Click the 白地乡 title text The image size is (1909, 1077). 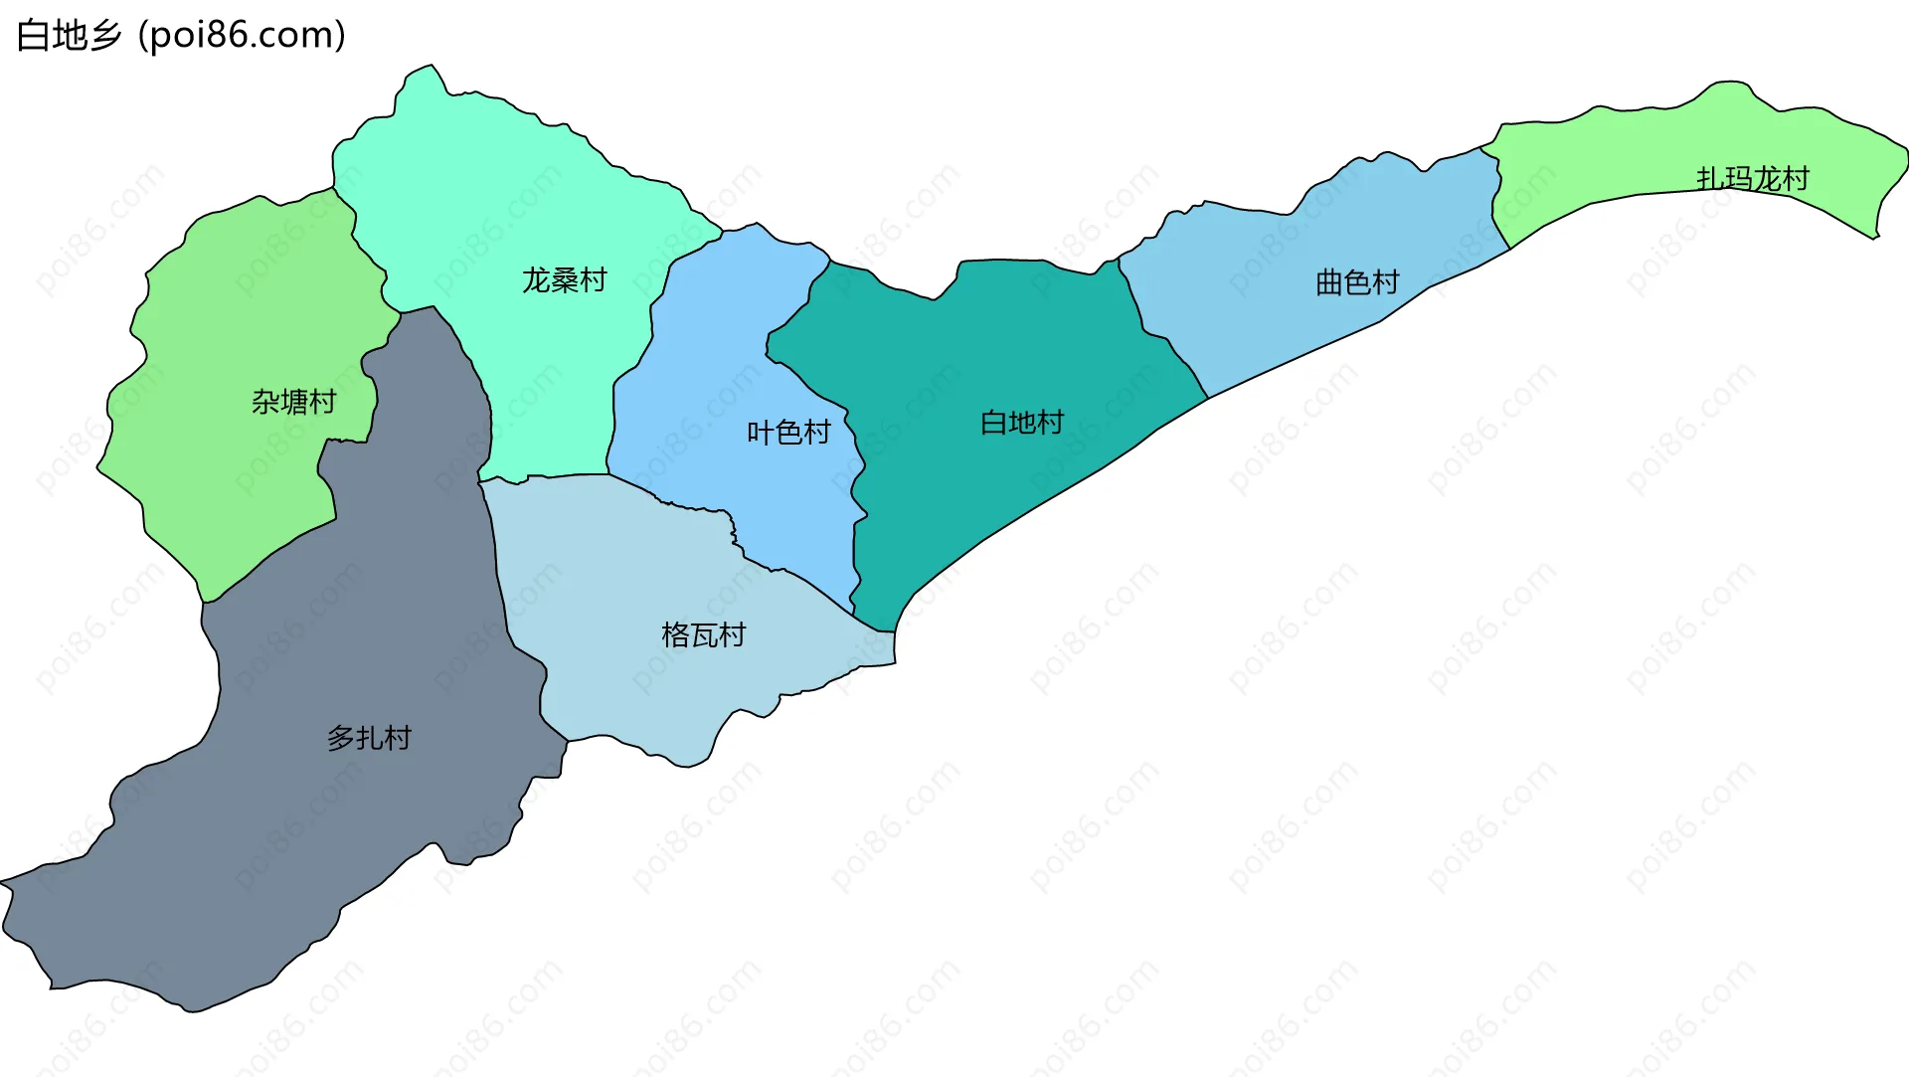pos(68,36)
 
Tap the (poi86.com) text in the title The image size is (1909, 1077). pos(242,36)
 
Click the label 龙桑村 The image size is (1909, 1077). pos(564,280)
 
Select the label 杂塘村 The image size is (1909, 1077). pos(293,402)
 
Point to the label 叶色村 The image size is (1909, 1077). pos(788,433)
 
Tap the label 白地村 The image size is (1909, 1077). pos(1021,423)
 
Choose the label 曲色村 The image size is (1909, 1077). pos(1356,283)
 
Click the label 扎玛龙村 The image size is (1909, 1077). pos(1752,179)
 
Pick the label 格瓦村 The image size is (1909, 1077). pos(703,635)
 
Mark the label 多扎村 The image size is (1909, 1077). pos(369,738)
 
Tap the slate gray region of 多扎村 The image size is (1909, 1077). pos(298,845)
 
